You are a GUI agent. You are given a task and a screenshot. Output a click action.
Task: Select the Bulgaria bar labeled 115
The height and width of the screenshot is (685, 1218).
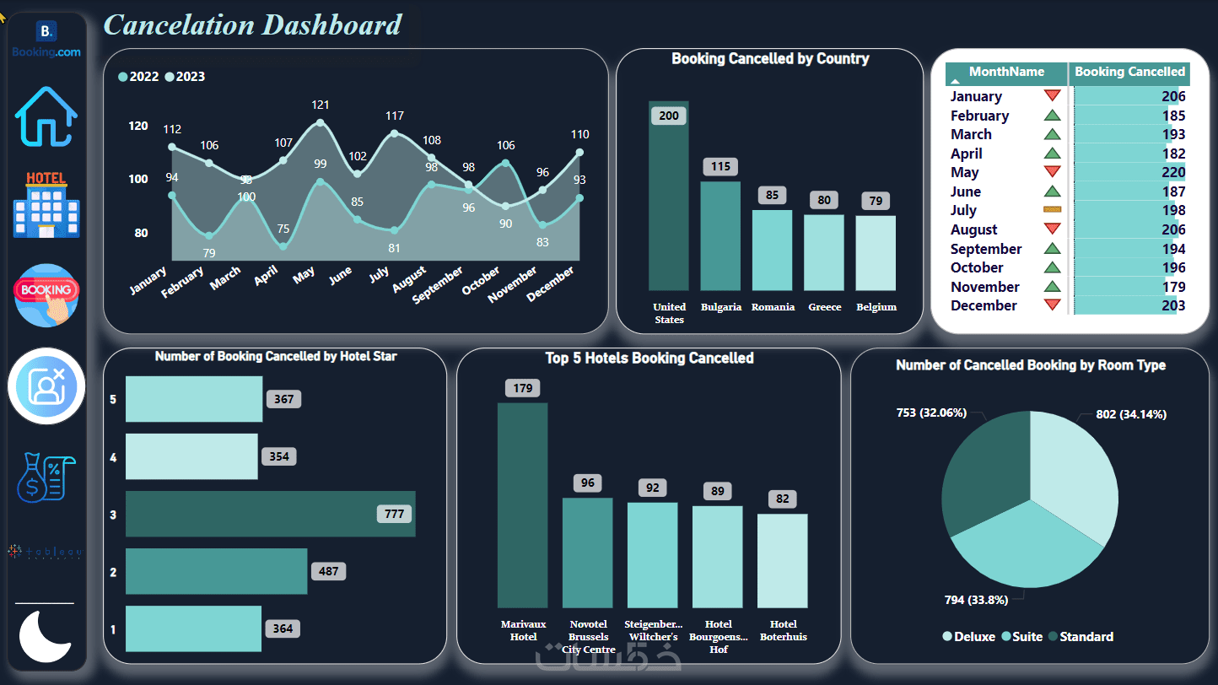pyautogui.click(x=719, y=236)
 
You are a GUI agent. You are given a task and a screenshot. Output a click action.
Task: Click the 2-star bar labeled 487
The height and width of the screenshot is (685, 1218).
pyautogui.click(x=216, y=571)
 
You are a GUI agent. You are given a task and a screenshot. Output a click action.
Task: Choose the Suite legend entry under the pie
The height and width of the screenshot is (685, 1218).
pyautogui.click(x=1022, y=637)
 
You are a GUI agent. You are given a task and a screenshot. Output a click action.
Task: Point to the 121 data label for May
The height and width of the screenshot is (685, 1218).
pyautogui.click(x=321, y=105)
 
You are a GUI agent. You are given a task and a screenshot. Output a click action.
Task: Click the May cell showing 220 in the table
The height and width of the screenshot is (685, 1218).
pyautogui.click(x=1172, y=173)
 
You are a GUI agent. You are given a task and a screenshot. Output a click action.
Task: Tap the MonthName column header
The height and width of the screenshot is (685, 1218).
pyautogui.click(x=1006, y=73)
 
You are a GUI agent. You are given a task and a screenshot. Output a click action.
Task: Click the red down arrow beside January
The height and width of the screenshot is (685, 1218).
pyautogui.click(x=1052, y=96)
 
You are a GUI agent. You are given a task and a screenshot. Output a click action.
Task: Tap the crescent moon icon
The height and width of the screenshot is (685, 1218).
pyautogui.click(x=45, y=637)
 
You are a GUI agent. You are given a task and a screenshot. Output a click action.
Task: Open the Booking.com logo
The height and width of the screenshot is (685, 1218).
pyautogui.click(x=46, y=40)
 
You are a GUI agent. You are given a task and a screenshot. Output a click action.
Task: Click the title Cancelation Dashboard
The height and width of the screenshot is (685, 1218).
pyautogui.click(x=252, y=24)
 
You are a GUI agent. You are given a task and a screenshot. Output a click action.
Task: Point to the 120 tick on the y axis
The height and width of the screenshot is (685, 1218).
pyautogui.click(x=138, y=126)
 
